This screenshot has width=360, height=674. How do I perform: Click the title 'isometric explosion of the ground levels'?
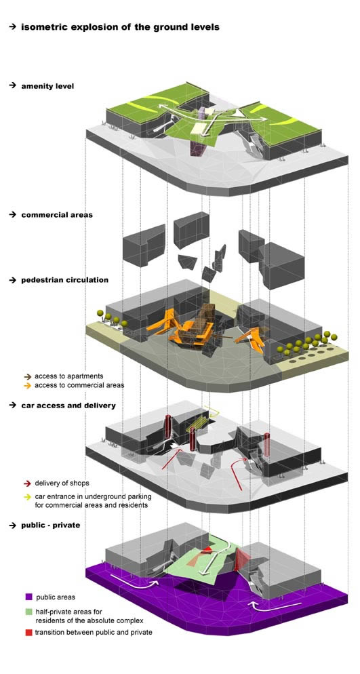pos(120,27)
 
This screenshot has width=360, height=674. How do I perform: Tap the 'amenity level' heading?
pos(47,86)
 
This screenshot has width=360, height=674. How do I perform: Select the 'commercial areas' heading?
pos(57,214)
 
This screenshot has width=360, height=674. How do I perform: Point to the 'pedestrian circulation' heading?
pos(65,280)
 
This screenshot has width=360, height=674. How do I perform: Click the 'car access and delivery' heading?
pos(68,405)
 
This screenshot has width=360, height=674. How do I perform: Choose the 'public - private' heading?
pos(51,525)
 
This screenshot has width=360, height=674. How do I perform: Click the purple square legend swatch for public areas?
pos(28,597)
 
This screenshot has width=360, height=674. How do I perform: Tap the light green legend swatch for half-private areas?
pos(28,611)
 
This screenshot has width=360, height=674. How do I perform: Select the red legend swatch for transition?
pos(28,633)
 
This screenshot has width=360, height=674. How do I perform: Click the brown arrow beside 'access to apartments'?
pos(28,376)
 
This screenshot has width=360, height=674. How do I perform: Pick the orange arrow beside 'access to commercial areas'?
pos(28,385)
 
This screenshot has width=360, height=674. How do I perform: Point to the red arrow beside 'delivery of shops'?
pos(28,483)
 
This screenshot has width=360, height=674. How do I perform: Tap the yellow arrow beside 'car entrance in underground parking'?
pos(28,496)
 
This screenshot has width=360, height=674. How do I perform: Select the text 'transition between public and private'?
pos(94,633)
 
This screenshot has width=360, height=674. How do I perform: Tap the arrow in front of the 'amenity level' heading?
pos(12,86)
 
